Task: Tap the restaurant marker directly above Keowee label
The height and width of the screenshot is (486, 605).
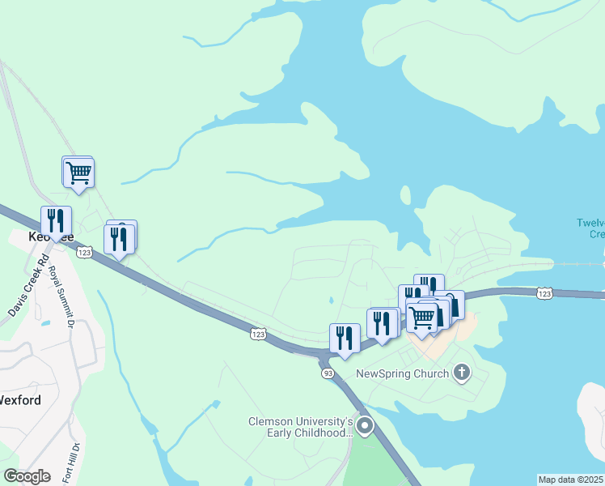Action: (x=56, y=221)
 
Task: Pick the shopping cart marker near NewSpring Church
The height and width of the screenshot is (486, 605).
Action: (x=422, y=317)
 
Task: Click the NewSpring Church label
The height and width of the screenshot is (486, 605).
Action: (x=402, y=373)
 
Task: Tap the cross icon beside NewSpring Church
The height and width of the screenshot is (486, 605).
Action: (x=461, y=373)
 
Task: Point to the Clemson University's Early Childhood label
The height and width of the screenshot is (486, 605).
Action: (x=300, y=428)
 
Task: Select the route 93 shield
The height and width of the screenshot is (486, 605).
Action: (x=328, y=373)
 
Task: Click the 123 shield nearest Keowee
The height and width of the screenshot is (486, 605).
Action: (x=84, y=253)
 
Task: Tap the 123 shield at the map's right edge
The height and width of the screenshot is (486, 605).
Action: (x=545, y=293)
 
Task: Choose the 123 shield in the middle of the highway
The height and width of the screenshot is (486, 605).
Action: (x=258, y=334)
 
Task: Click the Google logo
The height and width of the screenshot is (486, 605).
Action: (x=27, y=476)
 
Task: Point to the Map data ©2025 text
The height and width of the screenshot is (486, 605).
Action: (x=571, y=480)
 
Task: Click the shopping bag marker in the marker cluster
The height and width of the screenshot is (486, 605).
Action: (x=451, y=305)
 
